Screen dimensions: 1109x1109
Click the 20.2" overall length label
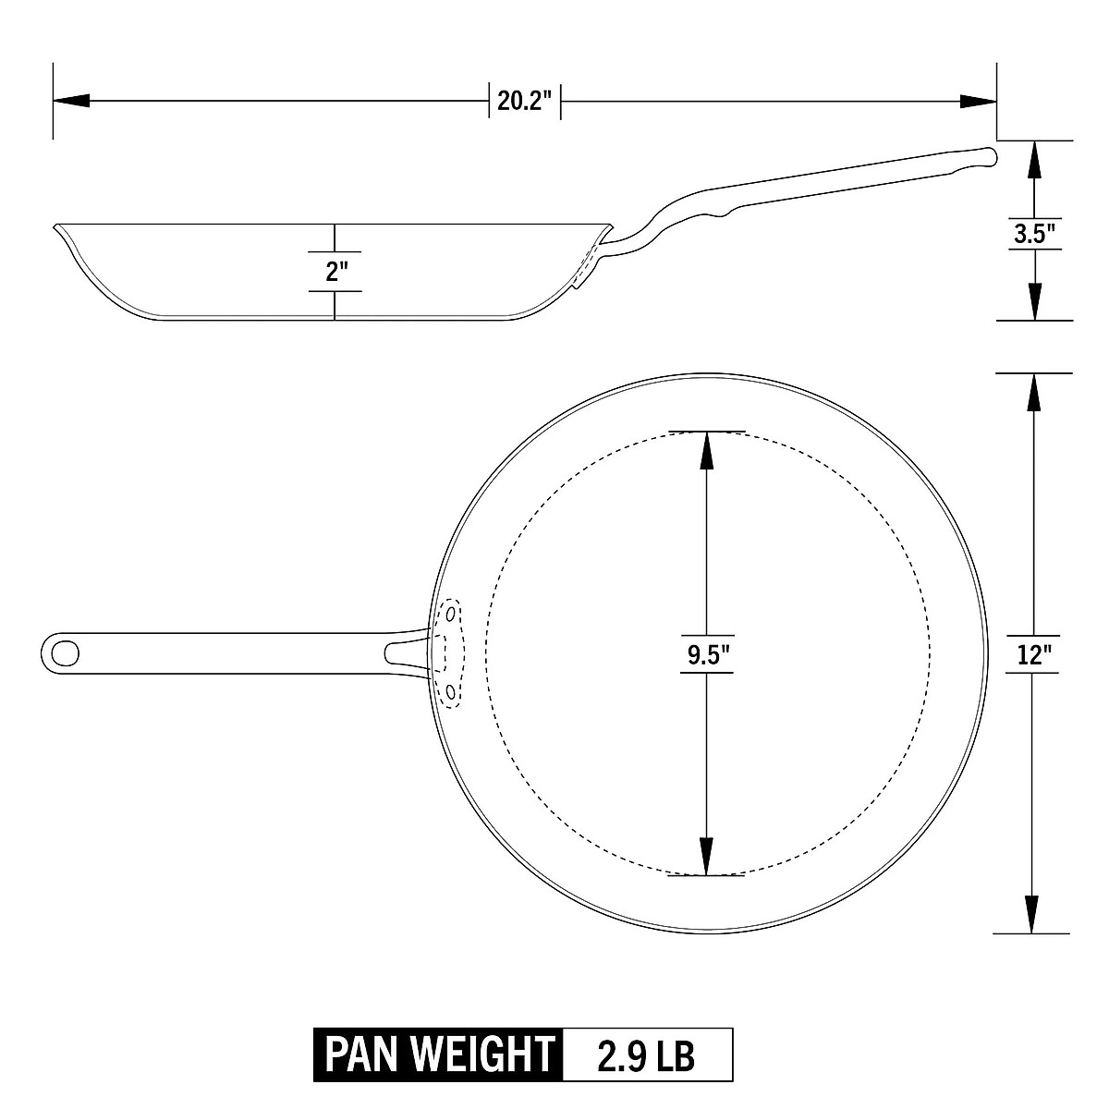click(x=525, y=101)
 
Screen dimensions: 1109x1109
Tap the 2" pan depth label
click(x=335, y=272)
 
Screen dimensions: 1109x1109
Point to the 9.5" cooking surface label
click(x=707, y=654)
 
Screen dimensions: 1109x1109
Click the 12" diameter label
click(x=1032, y=655)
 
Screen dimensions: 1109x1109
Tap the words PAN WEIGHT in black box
click(x=437, y=1054)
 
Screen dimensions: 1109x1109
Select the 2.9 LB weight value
click(x=646, y=1054)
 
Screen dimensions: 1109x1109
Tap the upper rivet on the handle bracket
click(x=451, y=613)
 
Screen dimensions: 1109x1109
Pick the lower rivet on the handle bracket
click(x=451, y=691)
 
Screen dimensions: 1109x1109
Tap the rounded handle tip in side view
click(x=991, y=157)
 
